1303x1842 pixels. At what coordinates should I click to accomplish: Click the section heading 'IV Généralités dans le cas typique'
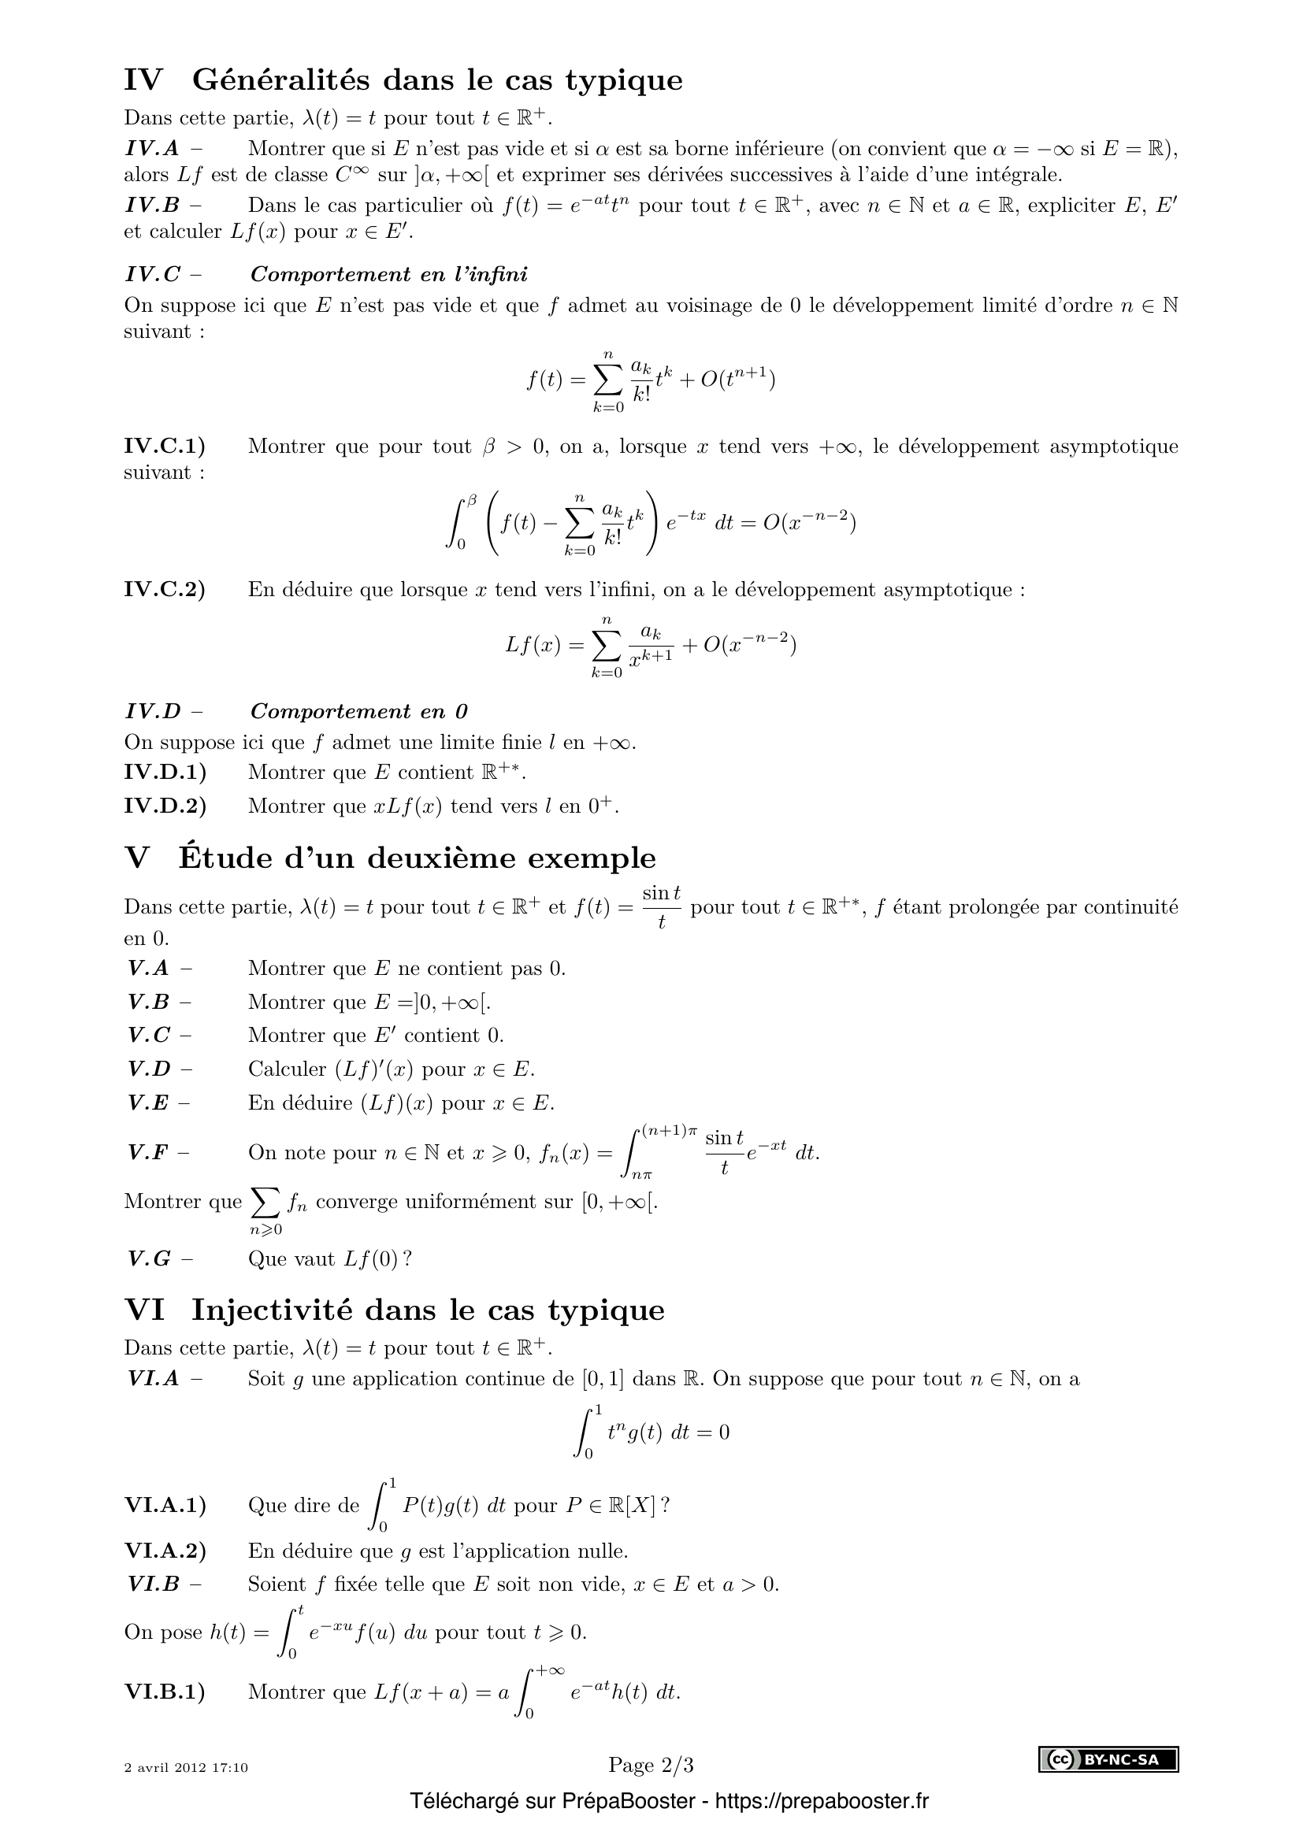click(403, 80)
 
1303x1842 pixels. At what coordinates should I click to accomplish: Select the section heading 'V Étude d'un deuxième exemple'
click(390, 858)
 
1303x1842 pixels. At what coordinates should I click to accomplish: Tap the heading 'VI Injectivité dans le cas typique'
click(395, 1310)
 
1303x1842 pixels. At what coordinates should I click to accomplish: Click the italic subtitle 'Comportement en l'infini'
click(389, 274)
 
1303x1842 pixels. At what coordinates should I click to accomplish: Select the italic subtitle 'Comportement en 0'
click(358, 712)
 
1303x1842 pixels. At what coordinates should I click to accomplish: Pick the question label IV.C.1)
click(165, 446)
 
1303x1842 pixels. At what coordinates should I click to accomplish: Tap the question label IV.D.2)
click(165, 806)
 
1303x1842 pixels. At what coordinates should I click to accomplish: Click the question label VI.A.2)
click(165, 1551)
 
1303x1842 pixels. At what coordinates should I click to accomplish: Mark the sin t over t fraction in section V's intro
click(661, 906)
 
